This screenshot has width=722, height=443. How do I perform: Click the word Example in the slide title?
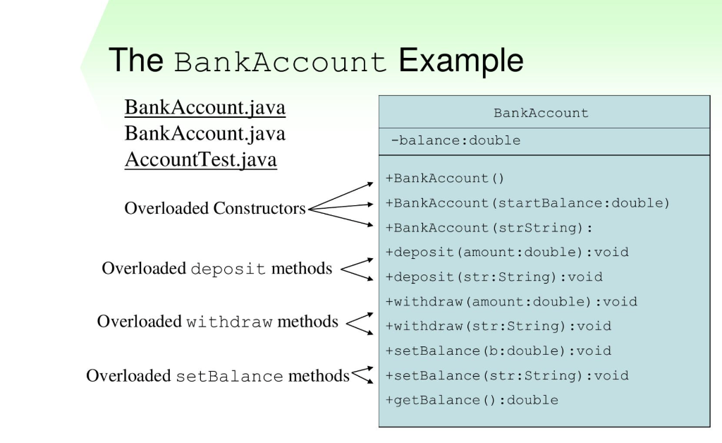[461, 61]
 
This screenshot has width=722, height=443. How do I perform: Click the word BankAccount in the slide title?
[281, 62]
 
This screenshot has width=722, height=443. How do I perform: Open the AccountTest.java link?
[201, 160]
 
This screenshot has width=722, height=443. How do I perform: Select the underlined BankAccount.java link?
[205, 107]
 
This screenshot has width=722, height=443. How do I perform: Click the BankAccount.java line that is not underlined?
[205, 133]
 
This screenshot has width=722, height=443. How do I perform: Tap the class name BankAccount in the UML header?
[541, 113]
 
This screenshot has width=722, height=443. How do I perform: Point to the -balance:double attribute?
[455, 140]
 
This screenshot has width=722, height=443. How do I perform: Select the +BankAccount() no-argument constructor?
[446, 178]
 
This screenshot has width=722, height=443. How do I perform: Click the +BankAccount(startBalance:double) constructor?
[527, 203]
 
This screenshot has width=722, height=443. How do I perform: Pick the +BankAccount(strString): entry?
[489, 228]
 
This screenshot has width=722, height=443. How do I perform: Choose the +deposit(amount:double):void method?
[507, 252]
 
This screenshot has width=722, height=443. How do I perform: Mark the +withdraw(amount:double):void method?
[511, 301]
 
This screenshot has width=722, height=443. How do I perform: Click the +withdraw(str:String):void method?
[498, 326]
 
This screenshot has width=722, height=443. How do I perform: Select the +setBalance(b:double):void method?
[498, 351]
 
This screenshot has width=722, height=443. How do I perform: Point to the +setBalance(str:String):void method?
[507, 375]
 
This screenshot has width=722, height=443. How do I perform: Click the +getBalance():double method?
[472, 400]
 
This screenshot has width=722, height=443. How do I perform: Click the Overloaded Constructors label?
[215, 209]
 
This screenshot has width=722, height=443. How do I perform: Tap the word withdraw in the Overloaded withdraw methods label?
[229, 322]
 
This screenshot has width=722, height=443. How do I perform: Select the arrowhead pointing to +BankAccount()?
[369, 183]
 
